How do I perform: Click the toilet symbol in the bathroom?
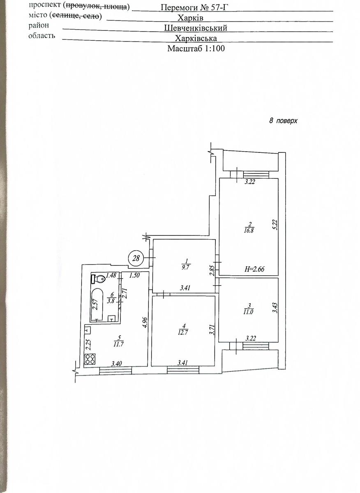click(98, 279)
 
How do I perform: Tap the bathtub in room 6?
click(97, 305)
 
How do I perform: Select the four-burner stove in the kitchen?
click(90, 359)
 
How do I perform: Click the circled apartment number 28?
click(136, 258)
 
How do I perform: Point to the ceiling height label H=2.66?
click(254, 269)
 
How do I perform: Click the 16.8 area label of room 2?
click(249, 231)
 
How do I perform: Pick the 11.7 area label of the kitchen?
click(118, 344)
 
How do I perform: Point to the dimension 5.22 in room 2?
click(275, 225)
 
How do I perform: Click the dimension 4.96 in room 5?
click(145, 322)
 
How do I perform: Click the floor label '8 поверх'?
click(283, 121)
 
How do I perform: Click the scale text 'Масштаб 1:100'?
click(196, 48)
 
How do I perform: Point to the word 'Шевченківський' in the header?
click(196, 28)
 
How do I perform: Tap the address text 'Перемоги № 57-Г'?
click(194, 7)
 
